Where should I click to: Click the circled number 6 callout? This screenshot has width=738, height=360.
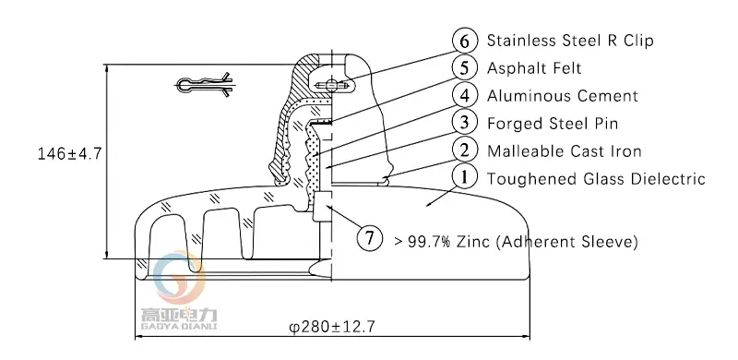pyautogui.click(x=466, y=41)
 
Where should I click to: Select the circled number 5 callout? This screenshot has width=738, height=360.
pyautogui.click(x=466, y=68)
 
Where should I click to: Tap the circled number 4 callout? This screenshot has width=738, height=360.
pyautogui.click(x=466, y=96)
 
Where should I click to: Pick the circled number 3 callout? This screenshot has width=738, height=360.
pyautogui.click(x=466, y=123)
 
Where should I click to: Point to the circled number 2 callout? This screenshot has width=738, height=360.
pyautogui.click(x=466, y=150)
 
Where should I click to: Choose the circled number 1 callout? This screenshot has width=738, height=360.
pyautogui.click(x=466, y=178)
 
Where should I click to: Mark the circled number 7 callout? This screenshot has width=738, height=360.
pyautogui.click(x=370, y=239)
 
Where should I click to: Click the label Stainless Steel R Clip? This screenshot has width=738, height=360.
pyautogui.click(x=570, y=41)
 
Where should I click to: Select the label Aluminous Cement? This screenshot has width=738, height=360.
pyautogui.click(x=562, y=96)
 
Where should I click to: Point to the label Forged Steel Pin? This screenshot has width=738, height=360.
pyautogui.click(x=552, y=124)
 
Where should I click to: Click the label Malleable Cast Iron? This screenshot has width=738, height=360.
pyautogui.click(x=564, y=151)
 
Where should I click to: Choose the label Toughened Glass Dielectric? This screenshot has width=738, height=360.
pyautogui.click(x=595, y=179)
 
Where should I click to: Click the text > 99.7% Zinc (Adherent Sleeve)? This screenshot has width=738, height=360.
pyautogui.click(x=515, y=242)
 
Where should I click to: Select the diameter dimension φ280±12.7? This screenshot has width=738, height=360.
pyautogui.click(x=332, y=327)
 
